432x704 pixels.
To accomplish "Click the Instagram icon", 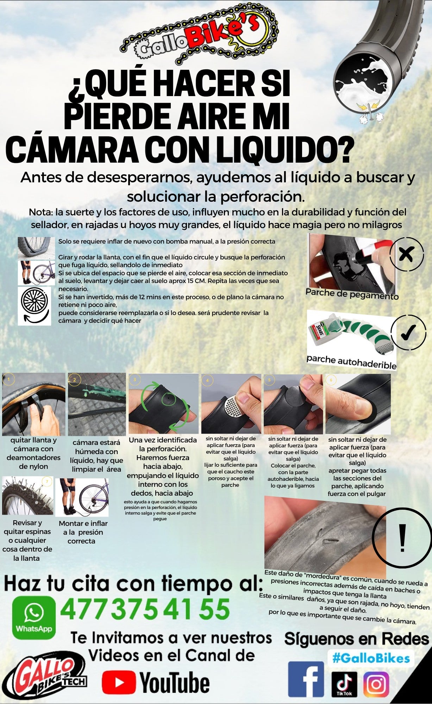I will (x=376, y=684).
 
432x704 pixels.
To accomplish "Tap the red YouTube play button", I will (x=119, y=683).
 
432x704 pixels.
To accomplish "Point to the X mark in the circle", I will (x=406, y=254).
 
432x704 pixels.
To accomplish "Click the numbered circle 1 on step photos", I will (x=8, y=379).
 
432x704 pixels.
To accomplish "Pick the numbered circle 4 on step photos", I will (x=207, y=380).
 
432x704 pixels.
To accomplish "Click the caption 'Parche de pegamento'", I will (x=352, y=294).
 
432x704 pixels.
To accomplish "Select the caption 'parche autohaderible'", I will (x=351, y=362).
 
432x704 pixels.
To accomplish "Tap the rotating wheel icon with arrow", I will (x=34, y=306).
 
